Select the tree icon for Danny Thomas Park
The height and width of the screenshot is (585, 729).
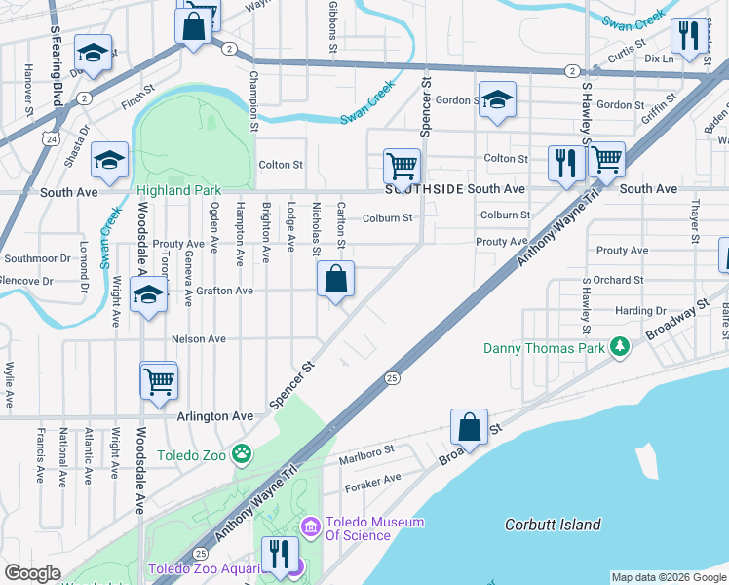tap(618, 347)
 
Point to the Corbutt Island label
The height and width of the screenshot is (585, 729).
tap(553, 525)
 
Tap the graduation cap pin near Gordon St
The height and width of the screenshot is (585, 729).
tap(497, 99)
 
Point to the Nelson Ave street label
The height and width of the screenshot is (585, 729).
tap(198, 338)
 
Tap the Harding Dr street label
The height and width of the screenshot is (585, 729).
tap(640, 311)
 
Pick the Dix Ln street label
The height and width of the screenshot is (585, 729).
tap(686, 59)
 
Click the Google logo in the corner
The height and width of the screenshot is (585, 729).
tap(32, 573)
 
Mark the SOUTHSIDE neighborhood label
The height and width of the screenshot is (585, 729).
tap(422, 189)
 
